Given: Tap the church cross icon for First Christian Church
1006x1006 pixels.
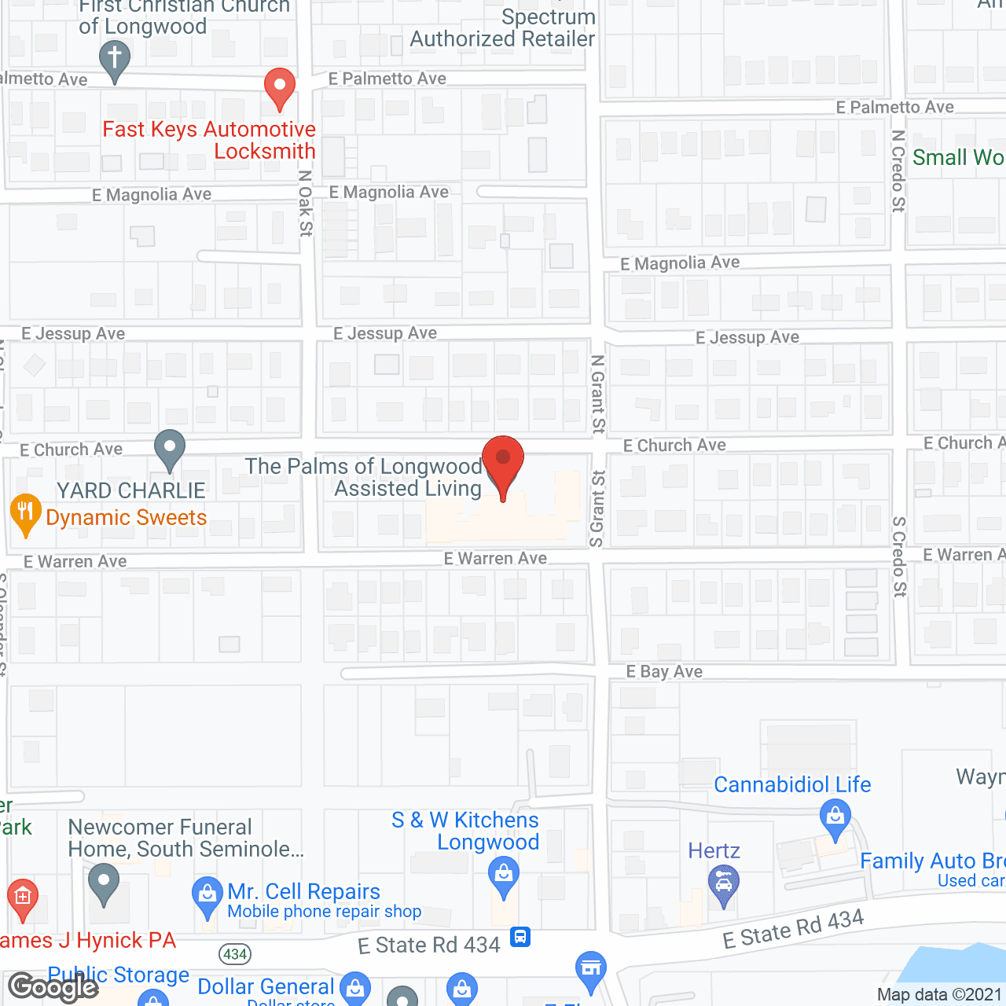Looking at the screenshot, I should pos(115,60).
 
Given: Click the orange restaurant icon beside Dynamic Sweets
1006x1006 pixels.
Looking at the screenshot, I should pos(25,512).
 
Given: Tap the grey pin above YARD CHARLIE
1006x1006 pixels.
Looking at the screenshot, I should pos(169,449).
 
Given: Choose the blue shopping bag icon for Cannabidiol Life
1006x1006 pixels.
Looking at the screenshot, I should pos(835,817).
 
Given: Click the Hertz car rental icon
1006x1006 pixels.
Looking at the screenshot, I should pos(723,883).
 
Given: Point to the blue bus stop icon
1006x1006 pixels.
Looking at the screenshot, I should pos(520,937).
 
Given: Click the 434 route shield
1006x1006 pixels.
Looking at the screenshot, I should pos(235,954).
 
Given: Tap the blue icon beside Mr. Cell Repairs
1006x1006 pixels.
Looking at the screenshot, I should pos(207,895).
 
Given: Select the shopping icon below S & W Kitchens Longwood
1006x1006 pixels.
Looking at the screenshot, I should pos(503,874).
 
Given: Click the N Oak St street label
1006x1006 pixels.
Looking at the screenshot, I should pos(306,203).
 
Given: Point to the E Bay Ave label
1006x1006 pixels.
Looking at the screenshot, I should pos(664,671).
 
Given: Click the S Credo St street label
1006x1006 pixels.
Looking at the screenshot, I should pos(900,556).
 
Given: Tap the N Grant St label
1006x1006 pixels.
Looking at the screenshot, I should pos(598,394).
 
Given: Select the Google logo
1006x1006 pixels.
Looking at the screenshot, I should pos(53,986).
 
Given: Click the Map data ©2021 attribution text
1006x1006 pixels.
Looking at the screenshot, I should pos(939,994).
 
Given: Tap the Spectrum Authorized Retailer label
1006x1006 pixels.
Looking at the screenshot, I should pos(503,28).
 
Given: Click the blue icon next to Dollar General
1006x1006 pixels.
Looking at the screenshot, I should pos(355,988).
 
